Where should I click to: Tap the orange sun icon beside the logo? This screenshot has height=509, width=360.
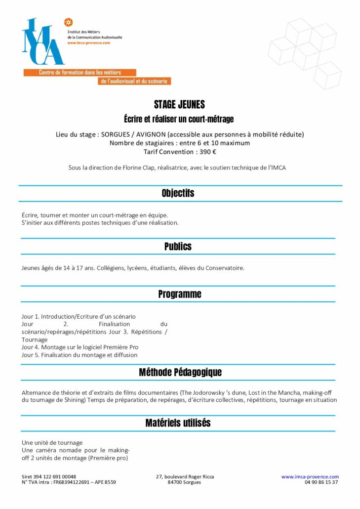pyautogui.click(x=69, y=22)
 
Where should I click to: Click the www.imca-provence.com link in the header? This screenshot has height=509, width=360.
pyautogui.click(x=88, y=43)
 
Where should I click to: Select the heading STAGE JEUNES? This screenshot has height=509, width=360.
pyautogui.click(x=179, y=105)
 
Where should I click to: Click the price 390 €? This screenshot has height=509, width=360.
pyautogui.click(x=207, y=152)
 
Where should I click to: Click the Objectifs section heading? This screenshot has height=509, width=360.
pyautogui.click(x=178, y=193)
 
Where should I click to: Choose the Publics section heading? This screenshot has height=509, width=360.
pyautogui.click(x=178, y=246)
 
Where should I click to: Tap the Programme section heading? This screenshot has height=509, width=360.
pyautogui.click(x=180, y=294)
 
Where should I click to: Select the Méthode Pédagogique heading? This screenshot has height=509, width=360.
pyautogui.click(x=180, y=372)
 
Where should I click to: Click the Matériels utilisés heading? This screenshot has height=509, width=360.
pyautogui.click(x=178, y=423)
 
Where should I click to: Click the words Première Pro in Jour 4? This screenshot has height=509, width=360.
pyautogui.click(x=122, y=347)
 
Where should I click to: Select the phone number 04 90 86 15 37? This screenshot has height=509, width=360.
pyautogui.click(x=321, y=482)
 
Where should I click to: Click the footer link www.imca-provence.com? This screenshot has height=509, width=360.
pyautogui.click(x=310, y=477)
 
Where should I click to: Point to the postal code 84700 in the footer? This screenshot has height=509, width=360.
pyautogui.click(x=175, y=482)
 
